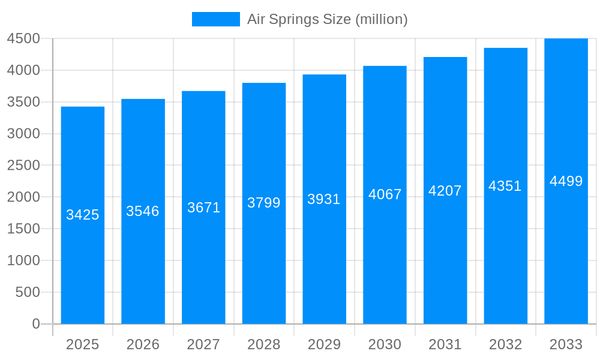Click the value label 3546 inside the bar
tap(143, 211)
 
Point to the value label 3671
tap(204, 208)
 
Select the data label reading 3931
tap(324, 199)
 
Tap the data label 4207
tap(445, 191)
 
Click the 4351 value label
tap(505, 186)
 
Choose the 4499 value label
tap(566, 181)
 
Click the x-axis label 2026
tap(143, 344)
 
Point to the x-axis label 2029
tap(324, 344)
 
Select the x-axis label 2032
tap(505, 344)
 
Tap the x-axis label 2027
tap(203, 344)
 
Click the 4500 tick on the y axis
tap(23, 39)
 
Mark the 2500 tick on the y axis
tap(23, 166)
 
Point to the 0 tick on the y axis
tap(35, 324)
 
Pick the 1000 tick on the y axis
tap(23, 260)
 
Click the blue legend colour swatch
tap(216, 19)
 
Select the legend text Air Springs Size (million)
tap(328, 19)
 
